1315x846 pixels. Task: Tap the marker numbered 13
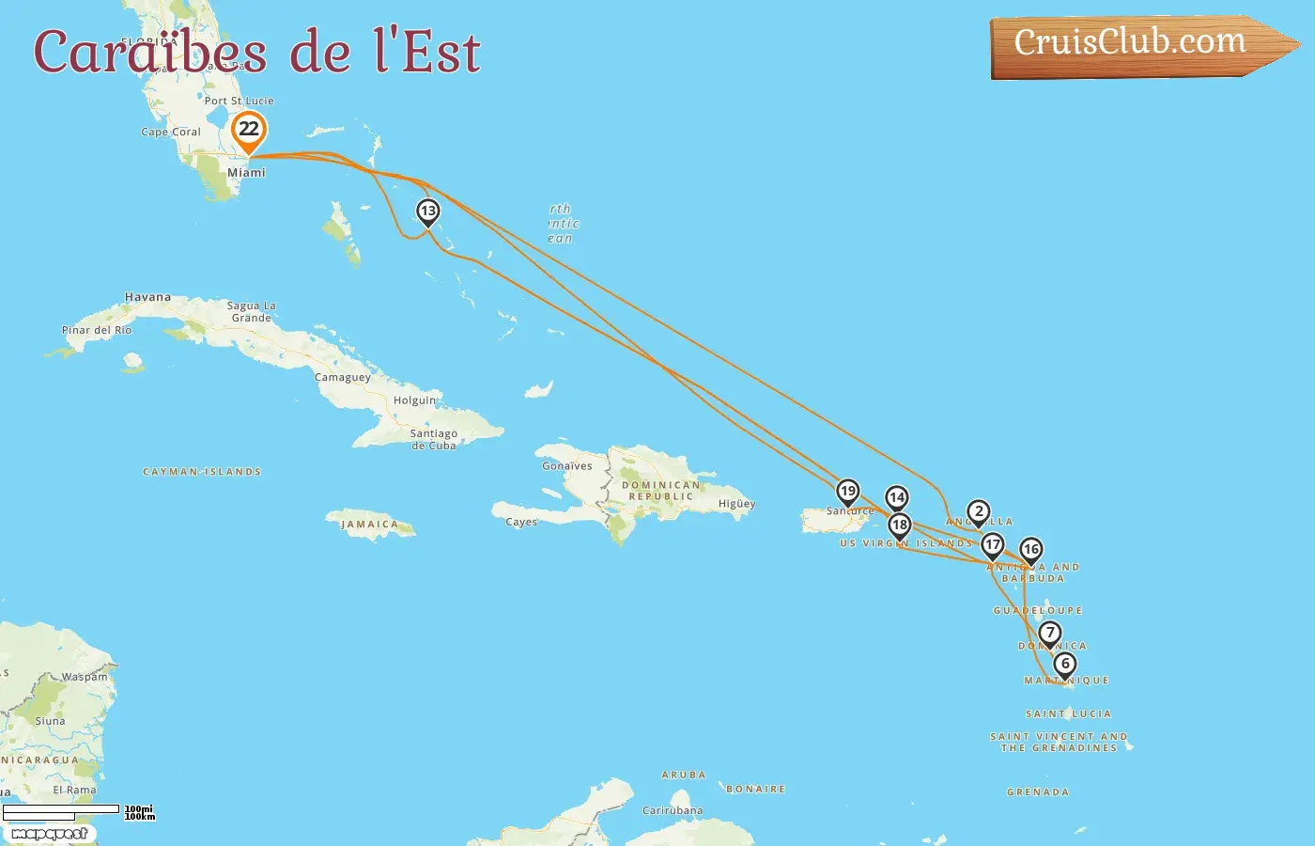pyautogui.click(x=427, y=211)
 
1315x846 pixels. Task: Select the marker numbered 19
pyautogui.click(x=847, y=492)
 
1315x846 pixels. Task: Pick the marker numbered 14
pyautogui.click(x=897, y=498)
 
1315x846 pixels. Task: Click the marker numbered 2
pyautogui.click(x=979, y=512)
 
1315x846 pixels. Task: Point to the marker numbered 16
pyautogui.click(x=1031, y=550)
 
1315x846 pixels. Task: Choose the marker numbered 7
pyautogui.click(x=1050, y=634)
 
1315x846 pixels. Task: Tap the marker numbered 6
pyautogui.click(x=1065, y=665)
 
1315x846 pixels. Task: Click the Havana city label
pyautogui.click(x=147, y=297)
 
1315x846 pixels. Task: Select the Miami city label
pyautogui.click(x=246, y=173)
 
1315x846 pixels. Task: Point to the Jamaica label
pyautogui.click(x=369, y=525)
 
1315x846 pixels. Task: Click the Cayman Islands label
pyautogui.click(x=202, y=472)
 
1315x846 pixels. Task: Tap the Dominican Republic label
pyautogui.click(x=661, y=491)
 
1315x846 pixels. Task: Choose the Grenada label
pyautogui.click(x=1038, y=792)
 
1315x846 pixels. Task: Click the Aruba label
pyautogui.click(x=684, y=775)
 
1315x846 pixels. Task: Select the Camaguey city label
pyautogui.click(x=343, y=378)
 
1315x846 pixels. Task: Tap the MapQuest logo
pyautogui.click(x=49, y=833)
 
